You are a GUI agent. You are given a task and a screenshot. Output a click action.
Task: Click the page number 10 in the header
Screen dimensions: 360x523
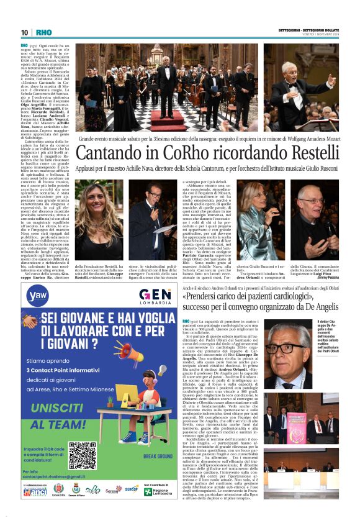[x=24, y=33]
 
